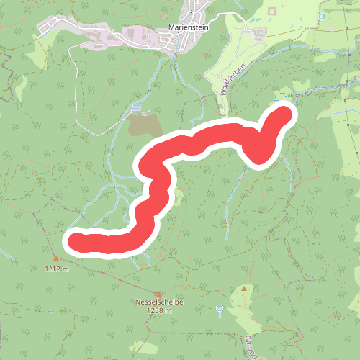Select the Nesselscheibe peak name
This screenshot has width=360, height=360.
(158, 302)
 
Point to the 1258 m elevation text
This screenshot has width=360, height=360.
(158, 311)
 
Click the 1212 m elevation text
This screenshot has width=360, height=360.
(55, 269)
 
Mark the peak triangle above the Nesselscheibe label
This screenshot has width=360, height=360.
(158, 293)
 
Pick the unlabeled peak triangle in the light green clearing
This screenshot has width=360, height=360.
(244, 289)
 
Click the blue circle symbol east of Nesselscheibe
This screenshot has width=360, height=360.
(220, 309)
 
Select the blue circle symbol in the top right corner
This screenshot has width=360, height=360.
(322, 16)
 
